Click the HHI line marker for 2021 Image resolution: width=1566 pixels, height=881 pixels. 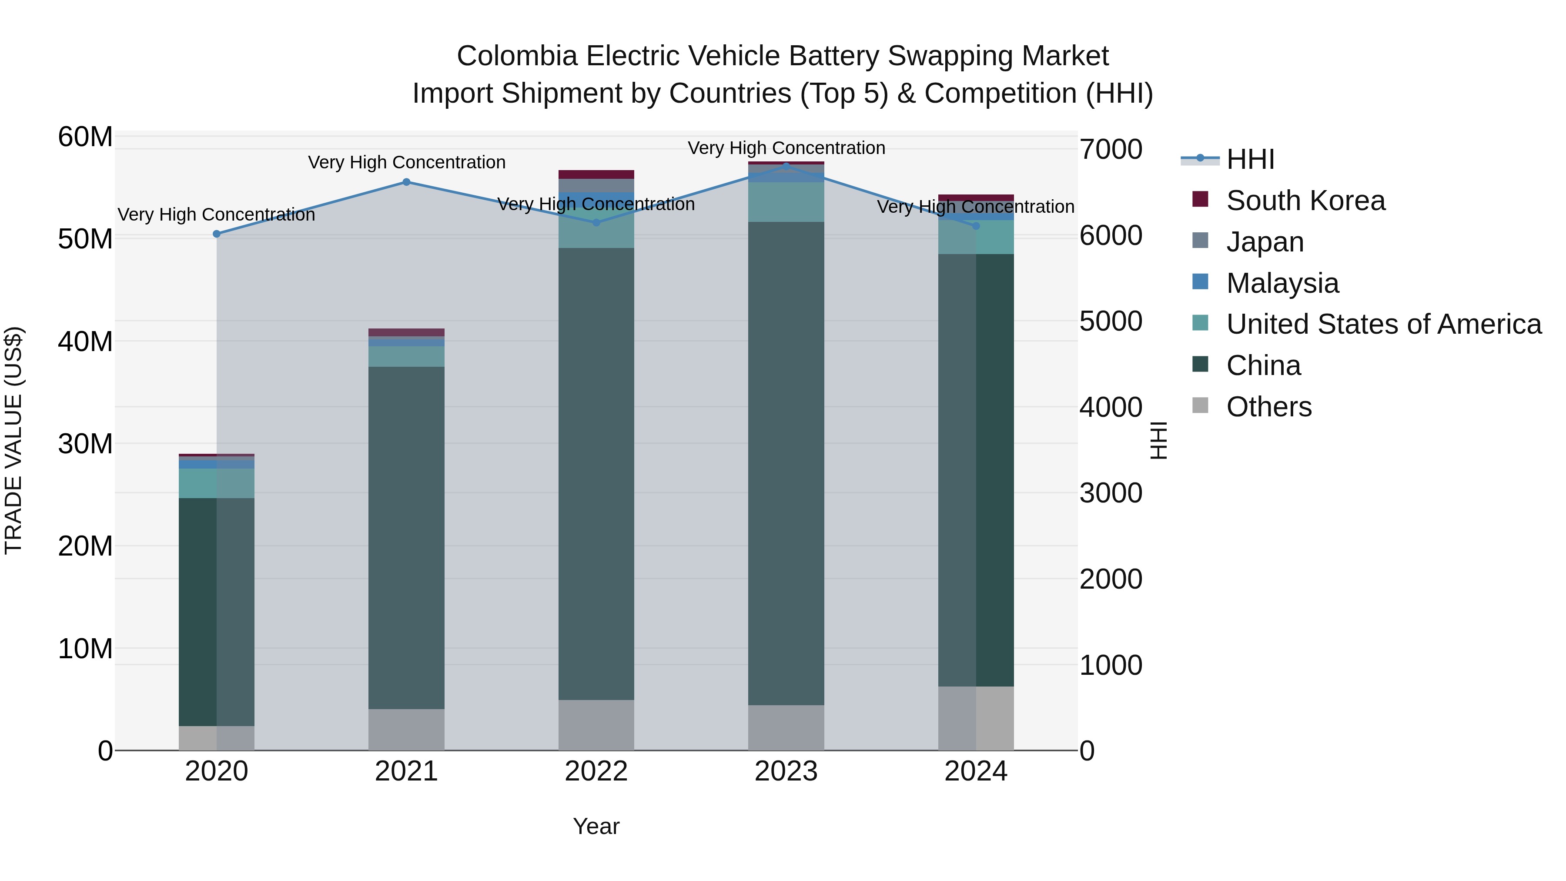406,182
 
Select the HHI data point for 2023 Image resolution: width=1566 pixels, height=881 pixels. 786,166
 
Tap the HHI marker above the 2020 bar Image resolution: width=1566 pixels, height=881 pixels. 217,234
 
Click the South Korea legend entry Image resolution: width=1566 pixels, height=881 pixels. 1305,201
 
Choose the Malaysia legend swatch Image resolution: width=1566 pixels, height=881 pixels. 1200,282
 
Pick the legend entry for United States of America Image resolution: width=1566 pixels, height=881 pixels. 1384,324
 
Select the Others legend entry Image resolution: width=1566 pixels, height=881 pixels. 1269,407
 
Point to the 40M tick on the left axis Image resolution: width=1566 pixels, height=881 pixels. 85,342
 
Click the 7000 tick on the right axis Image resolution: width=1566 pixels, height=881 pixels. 1111,150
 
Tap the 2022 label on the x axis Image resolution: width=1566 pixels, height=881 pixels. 596,771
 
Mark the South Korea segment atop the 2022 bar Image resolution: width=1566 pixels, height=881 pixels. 596,174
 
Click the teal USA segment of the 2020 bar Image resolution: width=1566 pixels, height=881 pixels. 217,483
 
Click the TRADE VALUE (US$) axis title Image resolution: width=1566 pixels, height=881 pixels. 13,440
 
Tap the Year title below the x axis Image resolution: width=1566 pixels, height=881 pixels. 596,826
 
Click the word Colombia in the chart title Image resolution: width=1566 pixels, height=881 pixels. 516,56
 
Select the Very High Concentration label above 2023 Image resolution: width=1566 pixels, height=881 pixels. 786,148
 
